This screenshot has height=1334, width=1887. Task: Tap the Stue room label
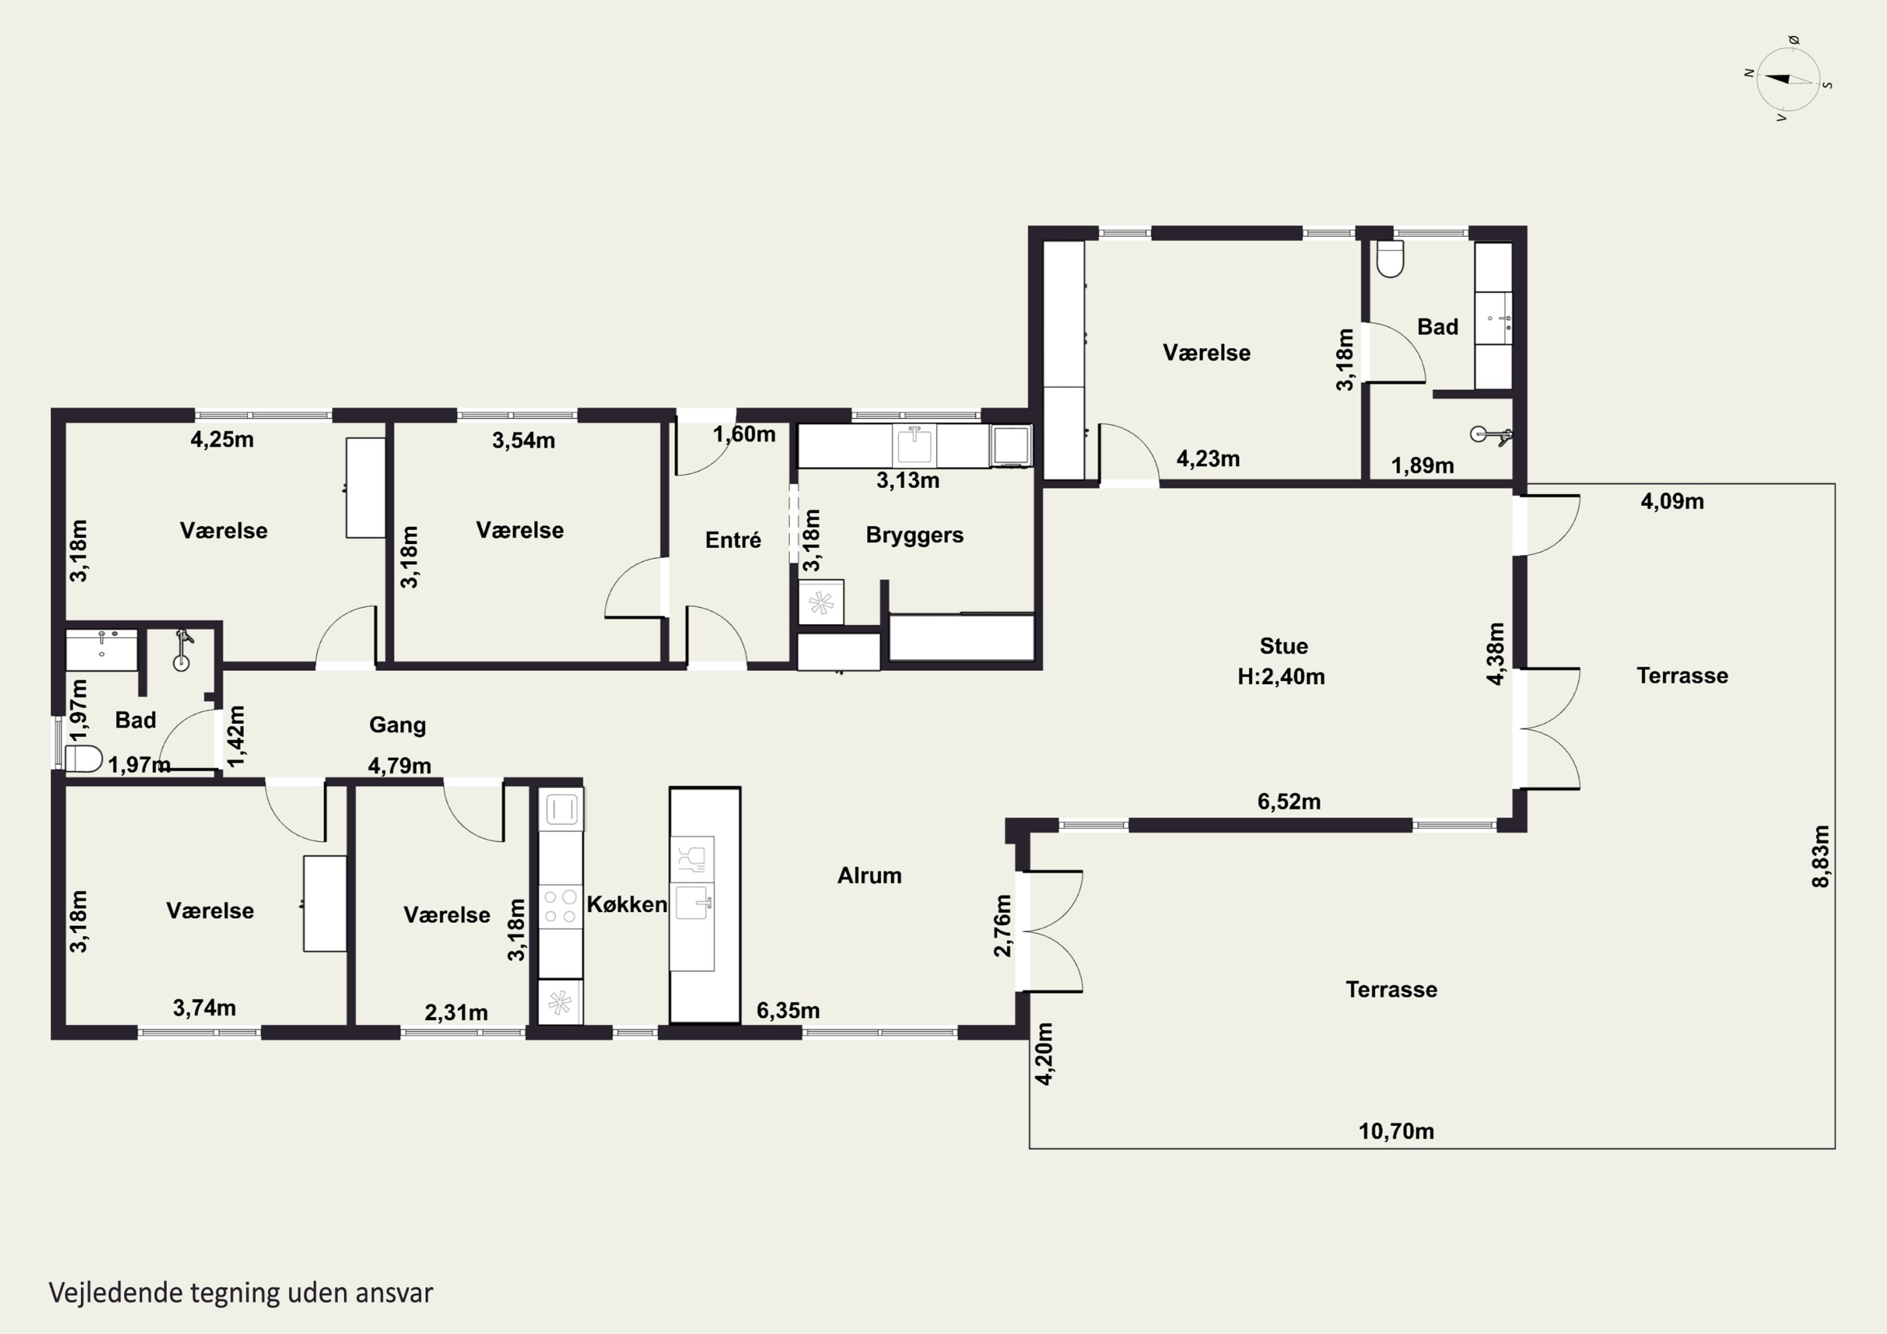pyautogui.click(x=1283, y=646)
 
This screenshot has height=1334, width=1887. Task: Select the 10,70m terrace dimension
pyautogui.click(x=1396, y=1131)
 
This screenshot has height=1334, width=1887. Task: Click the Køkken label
pyautogui.click(x=626, y=904)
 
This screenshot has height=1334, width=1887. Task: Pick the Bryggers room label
pyautogui.click(x=914, y=535)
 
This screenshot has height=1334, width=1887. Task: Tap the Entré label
pyautogui.click(x=732, y=540)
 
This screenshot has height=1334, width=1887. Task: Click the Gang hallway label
pyautogui.click(x=397, y=725)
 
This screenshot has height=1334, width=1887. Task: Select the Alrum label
pyautogui.click(x=869, y=875)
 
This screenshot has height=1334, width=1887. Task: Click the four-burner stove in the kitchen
pyautogui.click(x=560, y=906)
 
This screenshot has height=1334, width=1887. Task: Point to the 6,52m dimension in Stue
pyautogui.click(x=1289, y=801)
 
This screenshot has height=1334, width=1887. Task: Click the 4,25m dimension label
pyautogui.click(x=222, y=440)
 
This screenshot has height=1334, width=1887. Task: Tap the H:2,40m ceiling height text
pyautogui.click(x=1281, y=677)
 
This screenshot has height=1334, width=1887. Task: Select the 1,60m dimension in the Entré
pyautogui.click(x=743, y=434)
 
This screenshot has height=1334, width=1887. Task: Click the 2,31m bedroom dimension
pyautogui.click(x=456, y=1013)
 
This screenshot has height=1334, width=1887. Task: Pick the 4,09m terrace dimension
pyautogui.click(x=1672, y=501)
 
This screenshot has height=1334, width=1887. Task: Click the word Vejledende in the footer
pyautogui.click(x=115, y=1293)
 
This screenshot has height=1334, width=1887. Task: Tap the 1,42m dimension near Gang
pyautogui.click(x=235, y=736)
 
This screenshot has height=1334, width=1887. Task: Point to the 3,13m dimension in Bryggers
pyautogui.click(x=908, y=480)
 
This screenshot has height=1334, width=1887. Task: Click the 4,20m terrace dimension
pyautogui.click(x=1043, y=1053)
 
